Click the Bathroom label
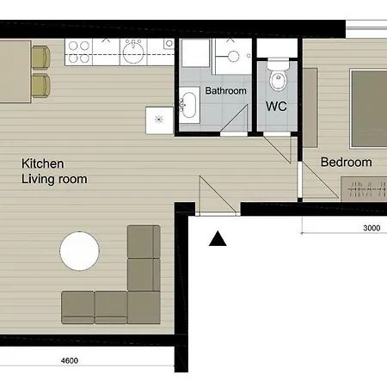click(x=225, y=91)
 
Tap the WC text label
click(x=276, y=107)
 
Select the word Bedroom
click(x=346, y=162)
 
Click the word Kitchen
click(x=43, y=163)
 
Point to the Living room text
click(x=54, y=179)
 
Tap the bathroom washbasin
click(x=190, y=107)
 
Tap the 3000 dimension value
click(x=371, y=228)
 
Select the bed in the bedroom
click(x=367, y=107)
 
